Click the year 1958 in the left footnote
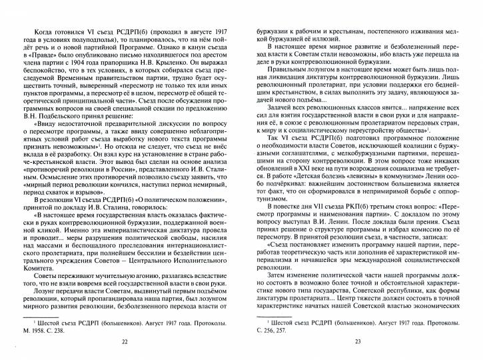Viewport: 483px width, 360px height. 37,328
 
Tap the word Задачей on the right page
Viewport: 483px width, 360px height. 280,125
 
